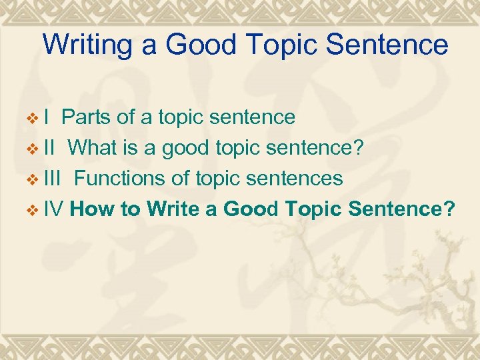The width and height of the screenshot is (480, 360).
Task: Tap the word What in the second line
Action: click(94, 148)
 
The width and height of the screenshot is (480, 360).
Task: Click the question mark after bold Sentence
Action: click(450, 209)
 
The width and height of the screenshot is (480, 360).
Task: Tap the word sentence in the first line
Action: click(252, 118)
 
